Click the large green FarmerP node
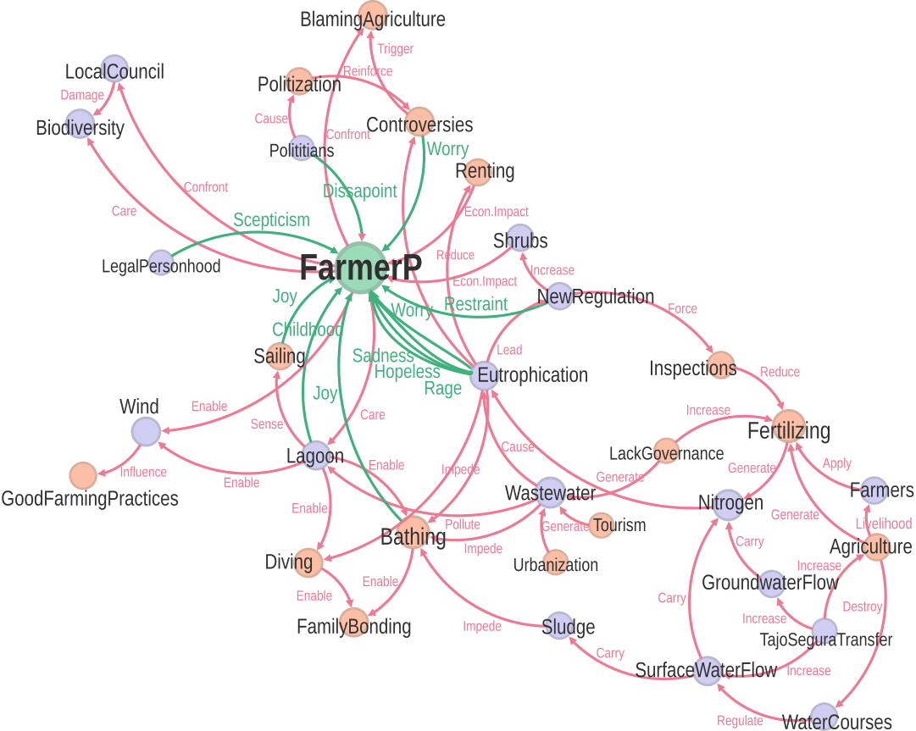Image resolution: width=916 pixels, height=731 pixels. pos(361,269)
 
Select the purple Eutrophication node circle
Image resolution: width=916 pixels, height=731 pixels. pos(485,375)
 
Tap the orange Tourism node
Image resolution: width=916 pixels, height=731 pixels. pos(601,525)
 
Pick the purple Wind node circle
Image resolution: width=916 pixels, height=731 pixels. pos(146,431)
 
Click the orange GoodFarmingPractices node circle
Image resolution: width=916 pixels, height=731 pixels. pos(83,476)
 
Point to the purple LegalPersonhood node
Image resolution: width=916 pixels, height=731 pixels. pos(160,263)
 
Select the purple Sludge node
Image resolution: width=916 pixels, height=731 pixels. pos(556,627)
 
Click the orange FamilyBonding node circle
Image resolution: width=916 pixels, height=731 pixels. pos(354,622)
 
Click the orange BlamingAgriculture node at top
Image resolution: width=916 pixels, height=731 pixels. pos(373,15)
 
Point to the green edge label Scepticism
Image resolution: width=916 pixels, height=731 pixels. pos(271,220)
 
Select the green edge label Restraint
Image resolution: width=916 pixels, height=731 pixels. pos(476,304)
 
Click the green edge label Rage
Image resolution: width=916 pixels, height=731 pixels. pos(442,388)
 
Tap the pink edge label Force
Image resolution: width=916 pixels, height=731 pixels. pos(683,308)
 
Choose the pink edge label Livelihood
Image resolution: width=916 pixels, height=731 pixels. pos(883,523)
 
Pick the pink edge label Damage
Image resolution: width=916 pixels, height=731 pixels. pos(82,96)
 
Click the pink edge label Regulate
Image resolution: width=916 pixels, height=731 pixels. pos(740,721)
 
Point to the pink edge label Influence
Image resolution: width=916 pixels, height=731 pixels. pos(143,472)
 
